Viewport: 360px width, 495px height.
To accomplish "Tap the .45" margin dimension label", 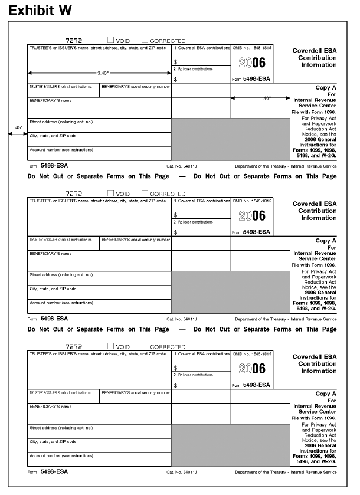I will (x=18, y=127).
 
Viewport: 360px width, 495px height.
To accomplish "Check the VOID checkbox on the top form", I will (x=111, y=41).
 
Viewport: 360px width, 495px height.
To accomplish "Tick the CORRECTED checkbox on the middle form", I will (x=145, y=193).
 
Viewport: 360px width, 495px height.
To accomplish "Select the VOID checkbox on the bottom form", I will (x=111, y=346).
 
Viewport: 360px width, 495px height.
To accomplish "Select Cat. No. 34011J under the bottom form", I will (x=182, y=473).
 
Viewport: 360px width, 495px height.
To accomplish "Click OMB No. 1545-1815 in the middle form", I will (x=252, y=201).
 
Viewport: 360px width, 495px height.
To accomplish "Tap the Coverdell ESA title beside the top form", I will (x=315, y=58).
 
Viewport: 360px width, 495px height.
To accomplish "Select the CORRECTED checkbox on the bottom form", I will (x=145, y=346).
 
